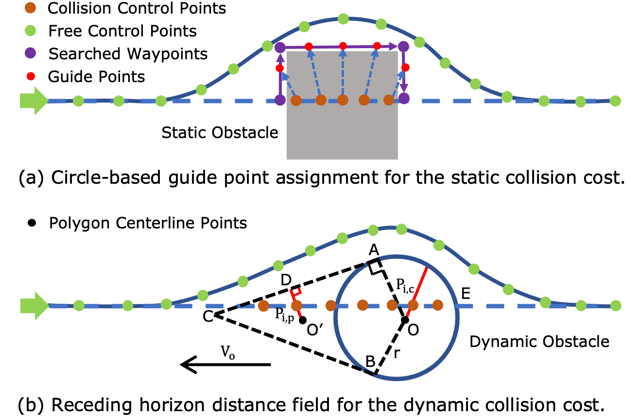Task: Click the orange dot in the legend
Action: [30, 7]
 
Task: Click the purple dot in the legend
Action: [30, 52]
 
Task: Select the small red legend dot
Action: [31, 76]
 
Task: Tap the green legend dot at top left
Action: [30, 30]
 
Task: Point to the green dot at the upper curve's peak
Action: [343, 19]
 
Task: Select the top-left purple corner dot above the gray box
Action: [280, 47]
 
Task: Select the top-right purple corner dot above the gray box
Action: [403, 47]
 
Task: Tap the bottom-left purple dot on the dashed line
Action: [280, 100]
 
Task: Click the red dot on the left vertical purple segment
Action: [279, 68]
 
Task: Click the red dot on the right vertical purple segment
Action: [405, 68]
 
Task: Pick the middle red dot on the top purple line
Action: [343, 46]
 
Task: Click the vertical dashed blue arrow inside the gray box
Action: [343, 73]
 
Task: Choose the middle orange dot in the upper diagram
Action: [343, 100]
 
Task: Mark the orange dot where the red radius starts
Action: [413, 305]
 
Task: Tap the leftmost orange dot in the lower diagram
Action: [263, 306]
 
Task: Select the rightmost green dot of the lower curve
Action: [616, 305]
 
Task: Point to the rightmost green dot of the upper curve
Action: [615, 101]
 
